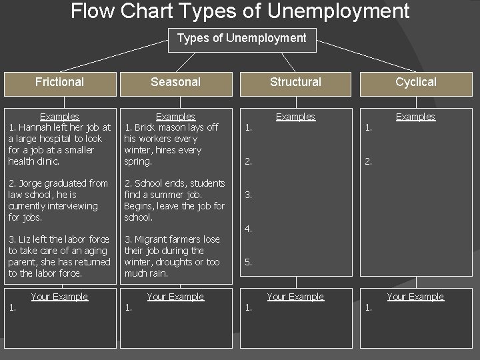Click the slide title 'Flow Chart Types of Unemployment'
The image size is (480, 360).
240,11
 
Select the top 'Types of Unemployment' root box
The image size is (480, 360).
241,39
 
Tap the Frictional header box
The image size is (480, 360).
59,82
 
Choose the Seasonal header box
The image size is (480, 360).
175,82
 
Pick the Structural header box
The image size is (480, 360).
295,82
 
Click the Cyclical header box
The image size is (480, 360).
415,82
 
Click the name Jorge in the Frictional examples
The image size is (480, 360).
30,183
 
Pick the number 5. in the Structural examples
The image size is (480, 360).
248,263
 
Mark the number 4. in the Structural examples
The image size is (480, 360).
248,229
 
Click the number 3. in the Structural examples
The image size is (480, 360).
248,195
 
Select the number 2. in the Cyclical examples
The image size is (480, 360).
368,161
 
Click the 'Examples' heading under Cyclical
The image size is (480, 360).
415,117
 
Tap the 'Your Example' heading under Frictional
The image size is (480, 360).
59,297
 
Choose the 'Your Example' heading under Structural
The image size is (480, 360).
295,297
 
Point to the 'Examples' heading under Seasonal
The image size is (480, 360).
175,117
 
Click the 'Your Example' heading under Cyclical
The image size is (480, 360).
415,297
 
